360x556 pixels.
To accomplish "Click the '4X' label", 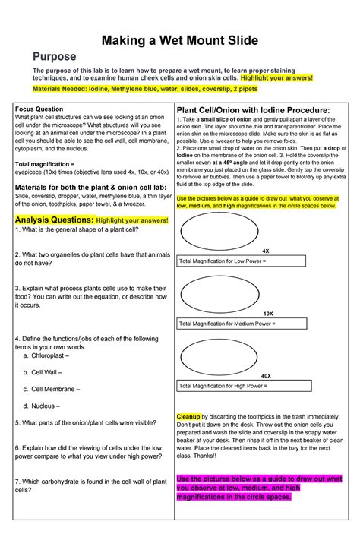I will [x=266, y=251].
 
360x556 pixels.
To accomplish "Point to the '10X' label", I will [x=268, y=313].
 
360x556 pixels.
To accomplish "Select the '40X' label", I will [x=266, y=376].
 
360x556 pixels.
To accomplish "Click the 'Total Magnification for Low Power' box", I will [x=241, y=261].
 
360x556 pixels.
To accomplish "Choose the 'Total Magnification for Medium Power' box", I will [x=241, y=324].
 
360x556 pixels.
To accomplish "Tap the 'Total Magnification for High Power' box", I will [x=241, y=386].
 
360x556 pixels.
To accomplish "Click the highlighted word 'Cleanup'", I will [x=188, y=417].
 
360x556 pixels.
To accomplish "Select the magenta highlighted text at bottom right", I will [x=258, y=488].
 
